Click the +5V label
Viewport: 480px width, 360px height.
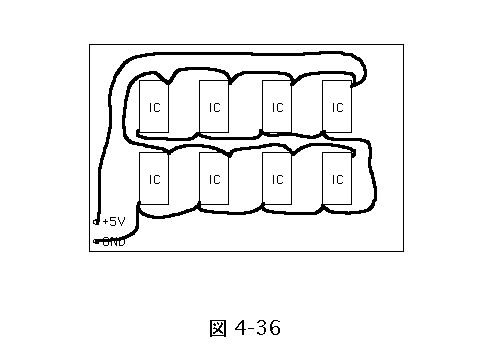(x=114, y=222)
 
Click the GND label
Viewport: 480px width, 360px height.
(x=114, y=242)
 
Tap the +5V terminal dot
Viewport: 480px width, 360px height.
(x=96, y=222)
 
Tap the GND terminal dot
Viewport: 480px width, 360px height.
(x=96, y=241)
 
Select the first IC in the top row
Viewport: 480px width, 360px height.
(x=154, y=106)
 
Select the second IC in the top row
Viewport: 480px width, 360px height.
(x=214, y=106)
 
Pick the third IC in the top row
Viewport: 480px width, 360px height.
(x=277, y=106)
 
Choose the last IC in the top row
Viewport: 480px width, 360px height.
(x=337, y=106)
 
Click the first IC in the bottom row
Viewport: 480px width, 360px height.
(x=154, y=178)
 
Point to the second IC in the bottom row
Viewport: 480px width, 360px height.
(x=214, y=178)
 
